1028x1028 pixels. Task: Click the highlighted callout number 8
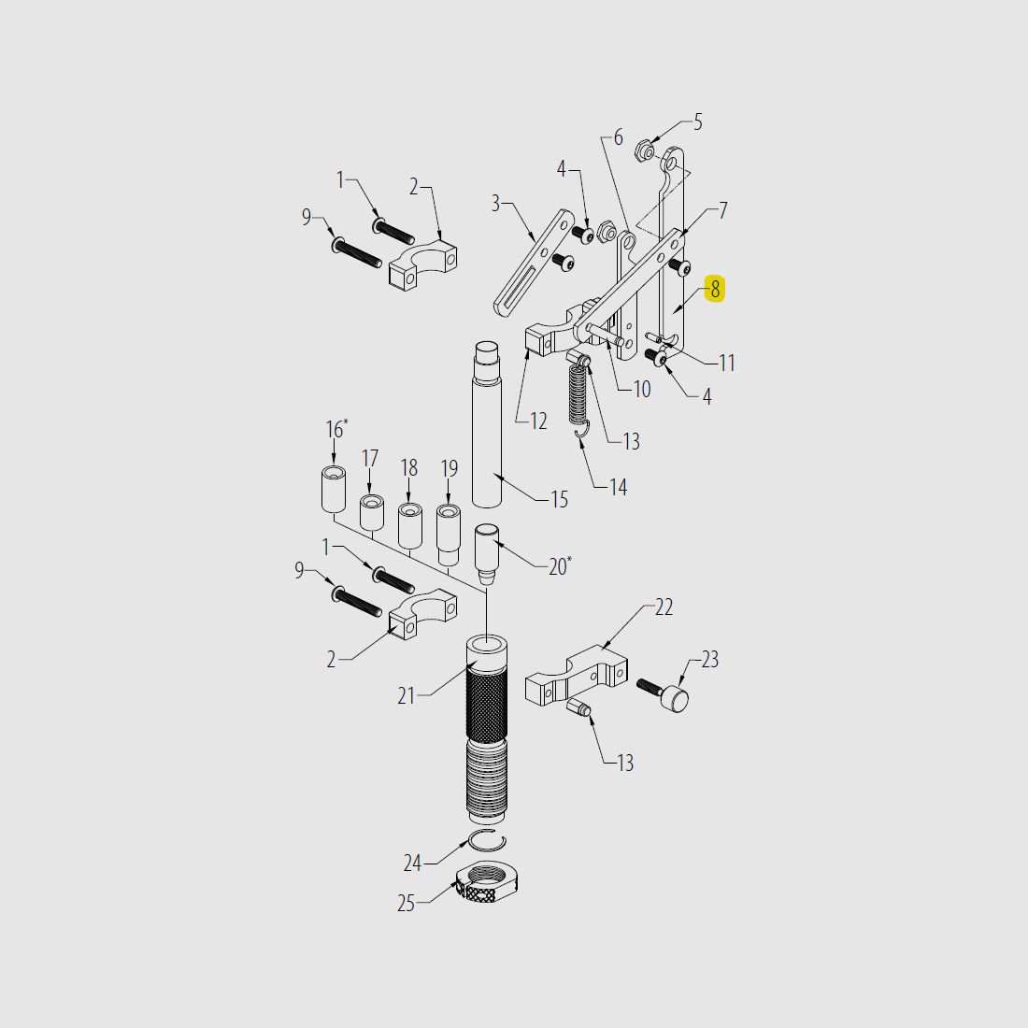(715, 289)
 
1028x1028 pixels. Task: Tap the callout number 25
(406, 904)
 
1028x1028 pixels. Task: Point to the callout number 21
(406, 695)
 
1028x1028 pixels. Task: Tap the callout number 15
(559, 500)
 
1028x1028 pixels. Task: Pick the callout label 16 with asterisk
(336, 429)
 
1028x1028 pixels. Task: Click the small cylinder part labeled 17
(372, 513)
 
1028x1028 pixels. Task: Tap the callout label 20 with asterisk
(559, 566)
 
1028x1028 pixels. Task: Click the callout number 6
(617, 138)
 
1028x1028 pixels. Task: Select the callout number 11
(727, 363)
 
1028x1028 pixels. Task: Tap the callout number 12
(538, 421)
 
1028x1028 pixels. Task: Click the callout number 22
(664, 607)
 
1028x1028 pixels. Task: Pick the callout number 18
(409, 467)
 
